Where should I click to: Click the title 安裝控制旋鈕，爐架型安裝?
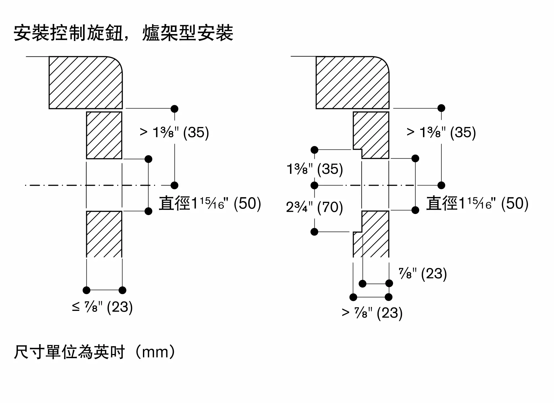124,33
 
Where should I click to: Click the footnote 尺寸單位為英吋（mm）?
95,352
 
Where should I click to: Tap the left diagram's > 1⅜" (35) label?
174,132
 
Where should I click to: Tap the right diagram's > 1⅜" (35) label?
441,132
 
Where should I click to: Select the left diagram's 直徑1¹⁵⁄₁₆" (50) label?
210,203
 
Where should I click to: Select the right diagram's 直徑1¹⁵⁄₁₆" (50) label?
477,203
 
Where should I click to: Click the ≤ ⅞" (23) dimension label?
102,307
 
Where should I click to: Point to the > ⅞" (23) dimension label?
372,313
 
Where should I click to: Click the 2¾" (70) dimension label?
314,207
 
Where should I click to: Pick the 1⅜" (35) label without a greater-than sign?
315,169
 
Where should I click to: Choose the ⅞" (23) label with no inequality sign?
423,274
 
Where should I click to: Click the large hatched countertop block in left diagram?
86,82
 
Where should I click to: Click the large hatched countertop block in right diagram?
353,82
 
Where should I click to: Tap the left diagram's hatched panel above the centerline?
104,135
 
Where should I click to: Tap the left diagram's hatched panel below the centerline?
104,234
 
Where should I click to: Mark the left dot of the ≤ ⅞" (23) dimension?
86,290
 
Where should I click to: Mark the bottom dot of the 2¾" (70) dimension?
314,232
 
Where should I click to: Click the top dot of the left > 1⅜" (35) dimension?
175,109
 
